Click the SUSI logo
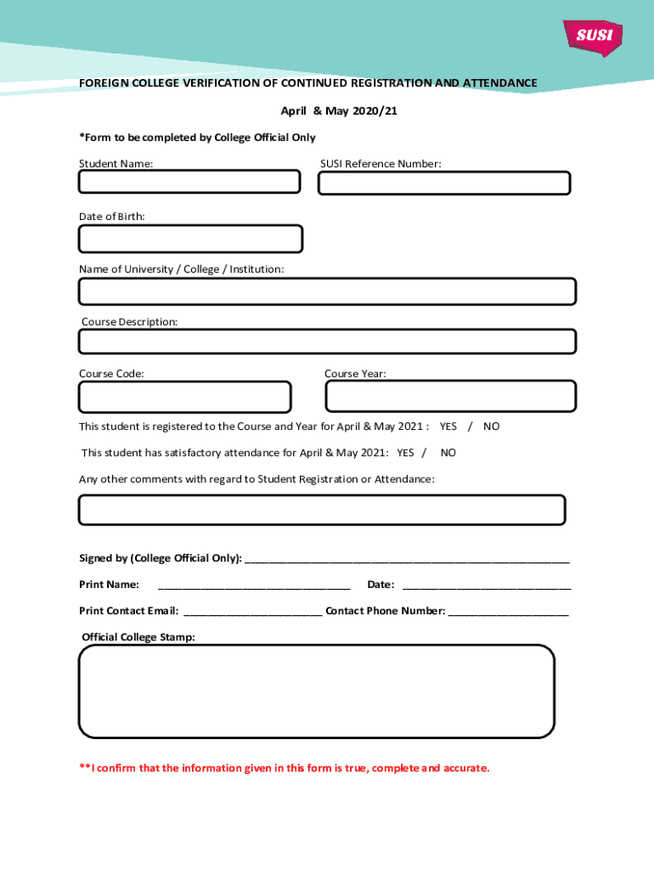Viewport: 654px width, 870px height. click(593, 37)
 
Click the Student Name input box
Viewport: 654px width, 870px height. click(189, 182)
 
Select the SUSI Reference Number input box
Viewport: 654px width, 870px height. click(444, 184)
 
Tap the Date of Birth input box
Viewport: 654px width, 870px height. click(190, 239)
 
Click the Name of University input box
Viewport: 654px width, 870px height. click(327, 291)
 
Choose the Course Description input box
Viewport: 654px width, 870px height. click(327, 342)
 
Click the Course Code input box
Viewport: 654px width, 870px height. click(184, 397)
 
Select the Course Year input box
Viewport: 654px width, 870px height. click(451, 396)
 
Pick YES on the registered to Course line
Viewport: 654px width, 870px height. click(448, 427)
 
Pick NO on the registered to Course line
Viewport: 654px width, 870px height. click(492, 427)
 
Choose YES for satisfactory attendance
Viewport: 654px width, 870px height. click(405, 453)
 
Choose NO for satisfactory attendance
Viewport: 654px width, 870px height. click(448, 453)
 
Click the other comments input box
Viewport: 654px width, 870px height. click(322, 510)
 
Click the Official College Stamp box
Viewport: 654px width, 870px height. click(317, 691)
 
